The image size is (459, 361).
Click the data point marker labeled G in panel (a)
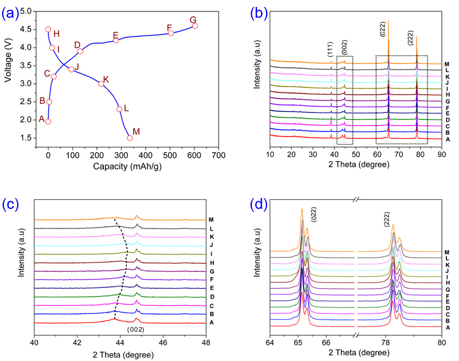(x=195, y=26)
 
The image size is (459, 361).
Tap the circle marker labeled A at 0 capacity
(x=48, y=122)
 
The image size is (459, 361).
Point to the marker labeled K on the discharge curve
(x=101, y=84)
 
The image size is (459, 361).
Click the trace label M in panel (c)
(x=211, y=219)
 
